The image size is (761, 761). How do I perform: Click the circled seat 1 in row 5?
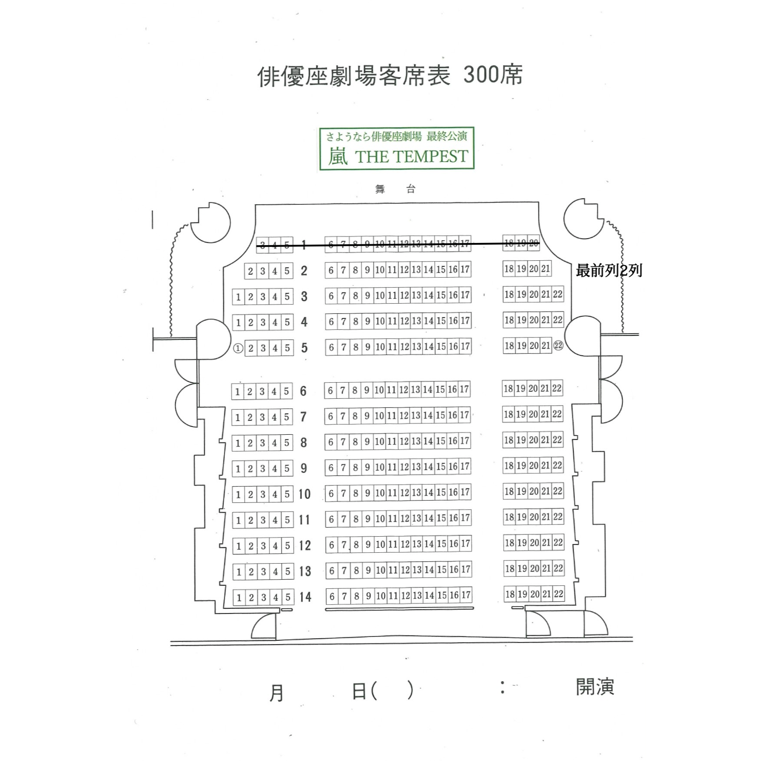[238, 348]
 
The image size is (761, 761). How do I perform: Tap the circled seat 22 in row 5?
[558, 346]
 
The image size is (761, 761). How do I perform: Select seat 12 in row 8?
[404, 441]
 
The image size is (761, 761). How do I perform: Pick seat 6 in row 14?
[332, 596]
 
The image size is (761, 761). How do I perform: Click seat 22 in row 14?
[558, 594]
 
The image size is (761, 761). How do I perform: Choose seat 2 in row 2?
[250, 271]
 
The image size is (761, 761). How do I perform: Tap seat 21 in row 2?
[545, 269]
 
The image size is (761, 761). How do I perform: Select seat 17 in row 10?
[465, 492]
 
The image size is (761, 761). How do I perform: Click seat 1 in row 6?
[237, 392]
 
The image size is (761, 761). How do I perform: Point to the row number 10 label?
[304, 494]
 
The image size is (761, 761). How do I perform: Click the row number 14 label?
[305, 597]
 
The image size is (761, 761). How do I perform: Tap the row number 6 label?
[303, 391]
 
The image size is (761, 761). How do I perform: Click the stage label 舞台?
[395, 189]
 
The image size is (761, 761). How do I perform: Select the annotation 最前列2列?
[609, 271]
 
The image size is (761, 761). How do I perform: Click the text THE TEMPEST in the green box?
[411, 157]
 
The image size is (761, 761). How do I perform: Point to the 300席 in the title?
[492, 75]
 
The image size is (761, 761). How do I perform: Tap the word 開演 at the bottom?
[595, 687]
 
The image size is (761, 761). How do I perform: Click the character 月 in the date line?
[276, 693]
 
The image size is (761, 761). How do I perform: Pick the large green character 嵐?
[338, 156]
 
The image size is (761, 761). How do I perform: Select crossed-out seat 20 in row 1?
[534, 243]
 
